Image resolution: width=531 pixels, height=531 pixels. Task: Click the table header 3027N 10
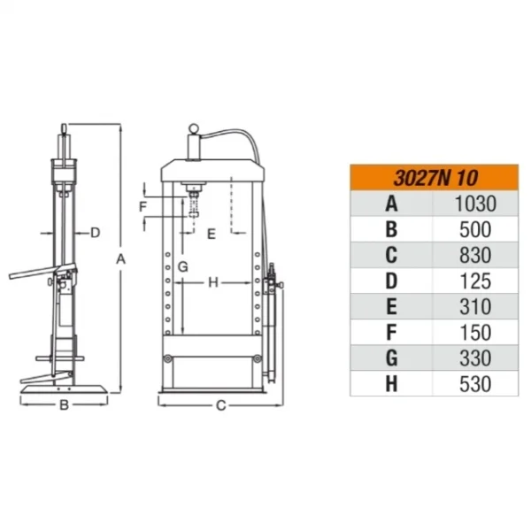435,178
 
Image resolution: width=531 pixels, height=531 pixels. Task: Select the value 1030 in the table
475,204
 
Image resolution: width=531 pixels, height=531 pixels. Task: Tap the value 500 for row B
475,229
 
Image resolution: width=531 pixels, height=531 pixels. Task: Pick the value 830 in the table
475,255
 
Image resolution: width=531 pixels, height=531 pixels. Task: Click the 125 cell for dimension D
475,281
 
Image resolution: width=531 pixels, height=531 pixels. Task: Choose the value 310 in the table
475,306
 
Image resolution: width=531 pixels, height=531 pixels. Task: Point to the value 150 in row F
475,332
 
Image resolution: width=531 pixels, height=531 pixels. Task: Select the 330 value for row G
475,358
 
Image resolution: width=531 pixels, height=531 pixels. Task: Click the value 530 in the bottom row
475,384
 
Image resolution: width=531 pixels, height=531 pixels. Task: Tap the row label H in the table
391,384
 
